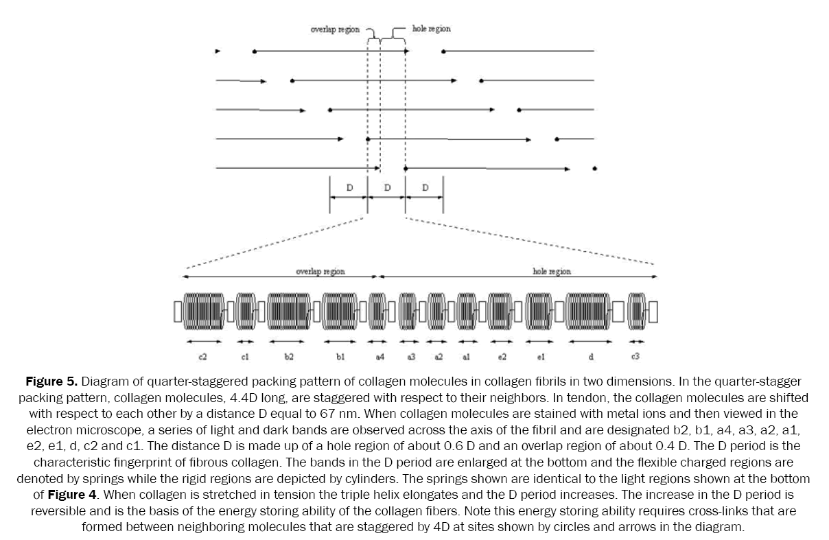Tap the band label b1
[x=340, y=357]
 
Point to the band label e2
[x=502, y=357]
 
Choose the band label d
[x=590, y=357]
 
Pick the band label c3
[x=637, y=357]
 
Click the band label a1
[x=467, y=357]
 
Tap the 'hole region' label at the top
[x=432, y=30]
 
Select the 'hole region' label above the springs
[x=552, y=272]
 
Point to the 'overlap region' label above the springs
[x=320, y=272]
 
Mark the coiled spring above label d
[x=588, y=313]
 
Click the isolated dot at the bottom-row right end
[x=594, y=168]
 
